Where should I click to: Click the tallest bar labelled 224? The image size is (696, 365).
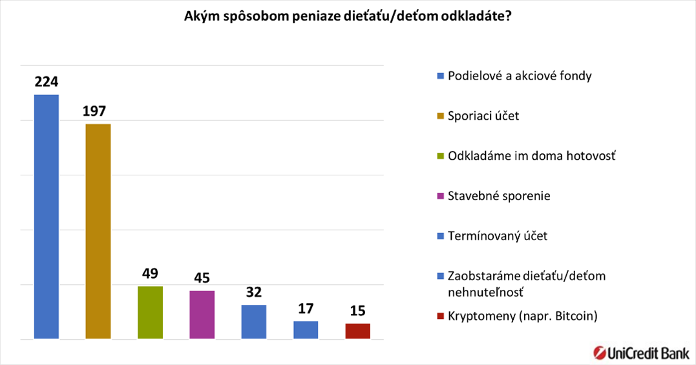[46, 217]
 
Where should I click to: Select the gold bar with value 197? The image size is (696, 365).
[98, 231]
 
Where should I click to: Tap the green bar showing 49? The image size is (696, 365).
[150, 313]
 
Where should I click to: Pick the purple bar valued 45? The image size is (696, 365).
[202, 315]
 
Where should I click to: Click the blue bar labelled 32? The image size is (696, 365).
[254, 322]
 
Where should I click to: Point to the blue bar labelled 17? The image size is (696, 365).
[306, 329]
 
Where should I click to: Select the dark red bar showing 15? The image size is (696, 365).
[357, 331]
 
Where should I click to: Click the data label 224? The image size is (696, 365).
[47, 82]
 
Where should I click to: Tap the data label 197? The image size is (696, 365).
[98, 111]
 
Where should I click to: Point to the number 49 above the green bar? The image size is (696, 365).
[150, 273]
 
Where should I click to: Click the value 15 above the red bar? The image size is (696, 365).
[357, 311]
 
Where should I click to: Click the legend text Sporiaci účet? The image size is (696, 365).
[483, 116]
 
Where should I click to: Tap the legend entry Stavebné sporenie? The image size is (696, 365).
[499, 195]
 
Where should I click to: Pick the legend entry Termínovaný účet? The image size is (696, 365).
[497, 236]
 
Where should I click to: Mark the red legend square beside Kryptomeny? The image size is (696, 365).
[440, 316]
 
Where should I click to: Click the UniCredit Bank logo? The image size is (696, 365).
[641, 352]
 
